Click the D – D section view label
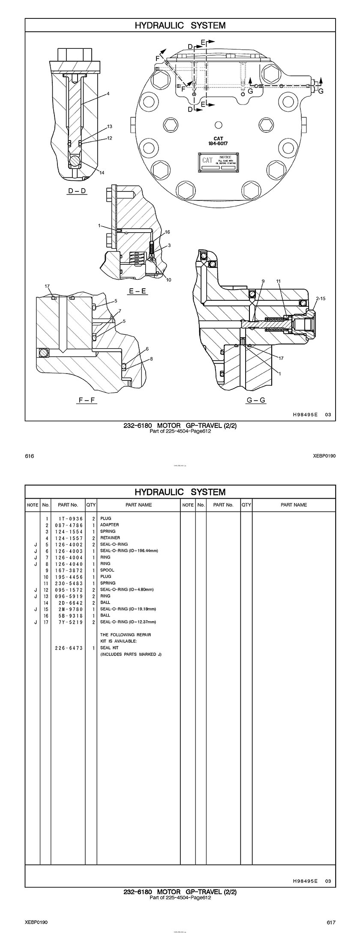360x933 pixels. (77, 191)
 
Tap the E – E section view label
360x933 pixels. (138, 291)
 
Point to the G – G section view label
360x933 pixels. (256, 401)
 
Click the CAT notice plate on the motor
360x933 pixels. (219, 163)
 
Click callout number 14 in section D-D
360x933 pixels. (102, 173)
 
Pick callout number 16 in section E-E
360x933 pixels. (168, 232)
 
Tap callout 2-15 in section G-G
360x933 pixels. (321, 298)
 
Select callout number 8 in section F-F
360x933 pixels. (151, 359)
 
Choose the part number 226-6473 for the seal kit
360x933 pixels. (69, 648)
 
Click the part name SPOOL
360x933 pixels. (107, 570)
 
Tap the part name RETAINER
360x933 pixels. (110, 538)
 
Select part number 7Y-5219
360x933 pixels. (69, 622)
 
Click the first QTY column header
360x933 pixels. (91, 505)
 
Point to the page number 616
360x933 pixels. (29, 456)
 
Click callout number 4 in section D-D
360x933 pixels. (108, 93)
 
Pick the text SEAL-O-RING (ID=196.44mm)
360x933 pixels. (129, 550)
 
